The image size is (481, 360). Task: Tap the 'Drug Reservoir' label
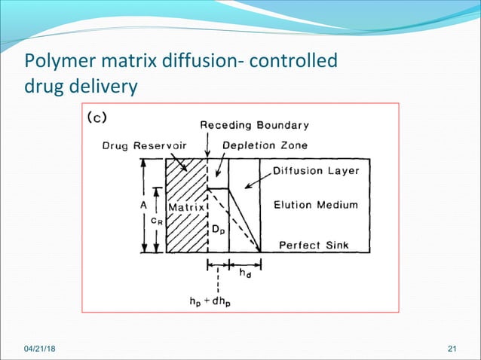click(x=139, y=145)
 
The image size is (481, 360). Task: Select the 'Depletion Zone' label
click(x=265, y=145)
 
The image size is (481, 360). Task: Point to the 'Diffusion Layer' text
click(x=315, y=170)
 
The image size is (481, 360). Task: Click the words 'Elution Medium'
click(x=315, y=204)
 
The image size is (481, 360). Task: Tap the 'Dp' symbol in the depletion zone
click(x=217, y=227)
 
